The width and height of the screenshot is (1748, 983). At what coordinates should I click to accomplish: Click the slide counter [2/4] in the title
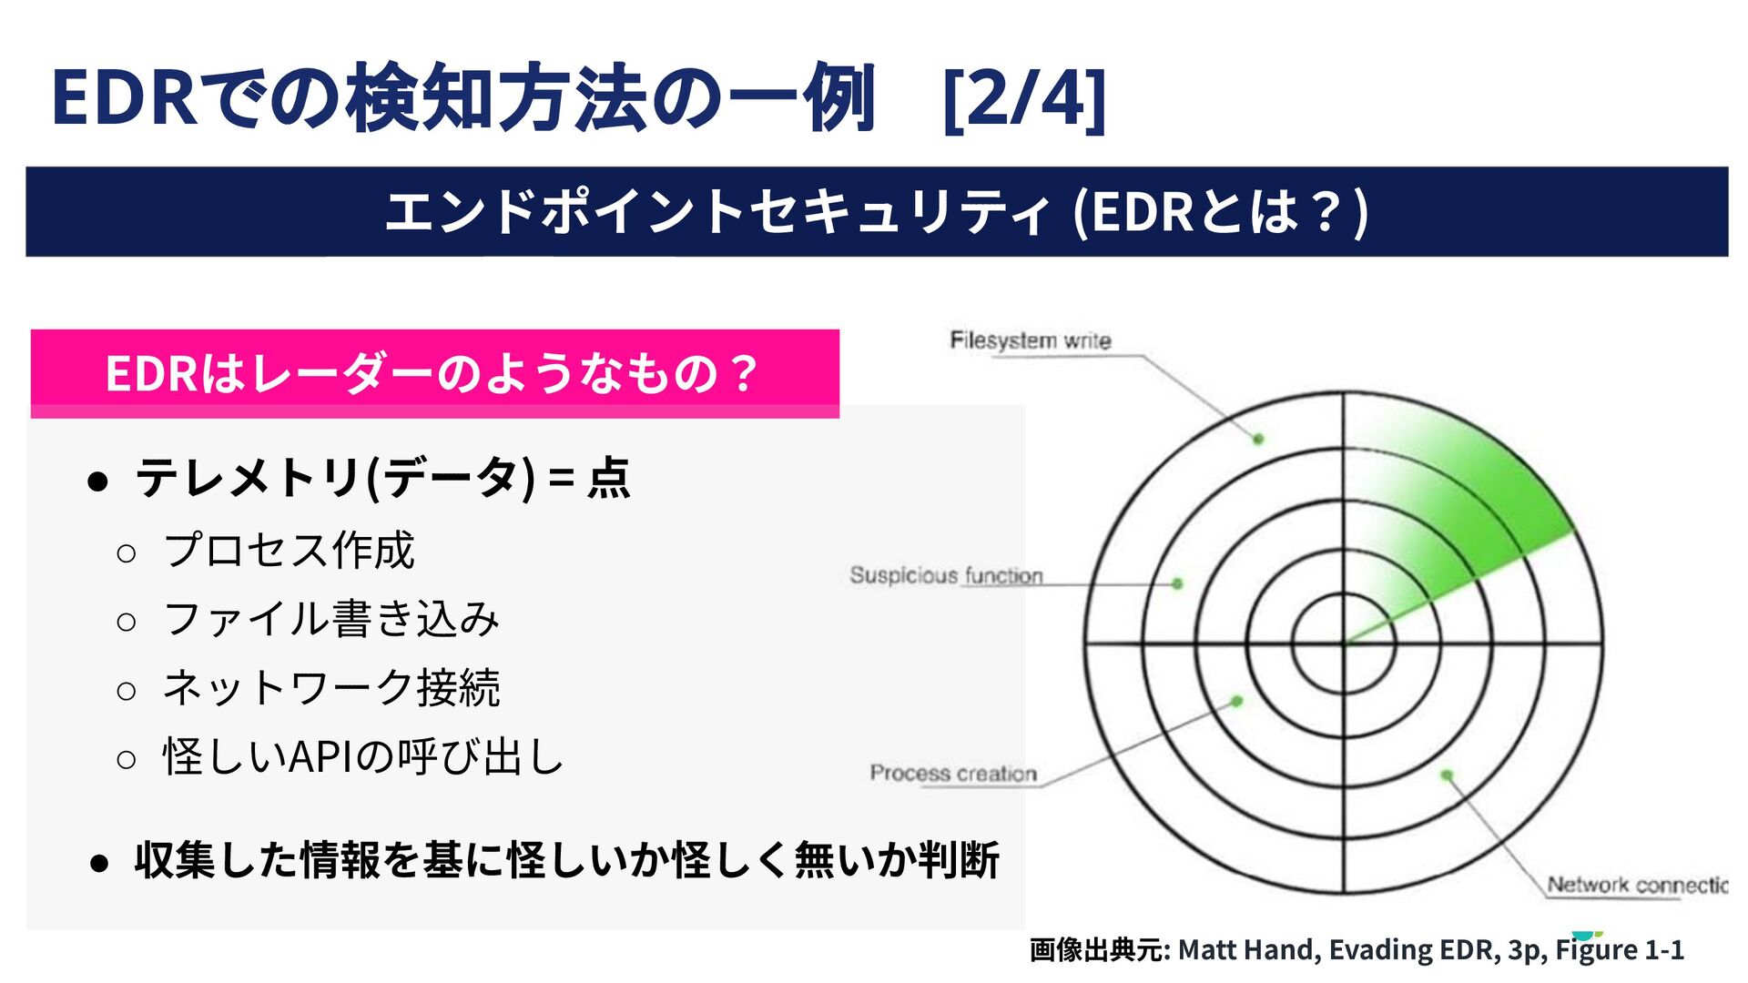1024,98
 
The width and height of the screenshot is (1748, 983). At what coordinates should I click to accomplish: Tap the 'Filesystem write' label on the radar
1030,340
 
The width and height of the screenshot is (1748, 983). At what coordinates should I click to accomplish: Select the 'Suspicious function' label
946,575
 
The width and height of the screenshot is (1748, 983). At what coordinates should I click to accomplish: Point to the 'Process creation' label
953,773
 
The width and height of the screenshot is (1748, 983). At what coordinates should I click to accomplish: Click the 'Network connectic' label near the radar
1636,885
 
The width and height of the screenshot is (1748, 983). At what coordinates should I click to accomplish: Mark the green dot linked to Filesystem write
1258,439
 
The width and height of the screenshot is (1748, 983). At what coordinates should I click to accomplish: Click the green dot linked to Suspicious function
1177,583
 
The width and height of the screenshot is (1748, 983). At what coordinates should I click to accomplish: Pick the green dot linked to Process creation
1236,701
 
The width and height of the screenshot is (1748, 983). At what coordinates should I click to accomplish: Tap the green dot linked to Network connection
1447,775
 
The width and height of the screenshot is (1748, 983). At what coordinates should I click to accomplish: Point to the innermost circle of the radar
1344,644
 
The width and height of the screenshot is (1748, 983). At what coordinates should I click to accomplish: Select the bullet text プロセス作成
290,551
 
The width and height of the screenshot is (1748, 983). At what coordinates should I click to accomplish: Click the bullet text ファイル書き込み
331,620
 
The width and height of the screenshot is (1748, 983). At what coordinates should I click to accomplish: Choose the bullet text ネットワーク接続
331,688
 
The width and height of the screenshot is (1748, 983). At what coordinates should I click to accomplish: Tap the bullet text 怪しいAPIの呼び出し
363,756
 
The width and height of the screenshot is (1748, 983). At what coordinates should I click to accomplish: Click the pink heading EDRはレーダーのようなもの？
433,373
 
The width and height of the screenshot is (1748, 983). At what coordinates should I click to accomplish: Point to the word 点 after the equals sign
608,478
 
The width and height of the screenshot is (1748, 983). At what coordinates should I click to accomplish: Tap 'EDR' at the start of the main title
125,98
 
